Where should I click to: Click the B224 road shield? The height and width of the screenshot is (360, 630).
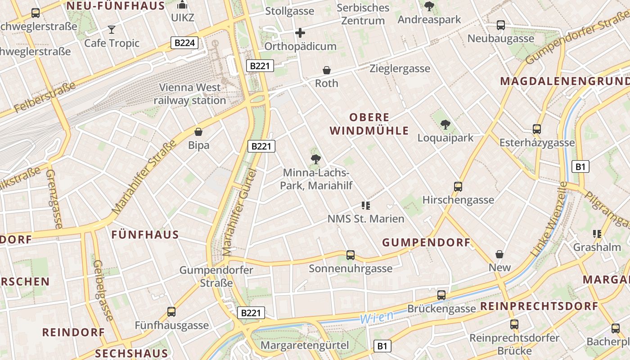[x=184, y=43]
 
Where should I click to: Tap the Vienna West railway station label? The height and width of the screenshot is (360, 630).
[x=190, y=94]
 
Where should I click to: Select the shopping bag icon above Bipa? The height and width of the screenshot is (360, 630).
[x=198, y=132]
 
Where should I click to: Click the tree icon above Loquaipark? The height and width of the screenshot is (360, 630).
[x=445, y=124]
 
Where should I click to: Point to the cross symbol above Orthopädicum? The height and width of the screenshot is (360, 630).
[x=300, y=33]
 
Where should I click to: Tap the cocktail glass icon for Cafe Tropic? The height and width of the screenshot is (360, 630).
[x=112, y=30]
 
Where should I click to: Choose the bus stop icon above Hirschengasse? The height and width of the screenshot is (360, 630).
[x=458, y=186]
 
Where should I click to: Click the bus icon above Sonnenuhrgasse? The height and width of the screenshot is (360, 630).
[x=351, y=255]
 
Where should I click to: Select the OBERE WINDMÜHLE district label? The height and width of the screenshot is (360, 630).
[x=369, y=124]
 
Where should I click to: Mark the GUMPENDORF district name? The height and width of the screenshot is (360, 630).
[x=426, y=243]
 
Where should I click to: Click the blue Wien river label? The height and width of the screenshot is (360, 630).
[x=377, y=316]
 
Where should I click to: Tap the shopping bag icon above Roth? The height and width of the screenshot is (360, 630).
[x=327, y=70]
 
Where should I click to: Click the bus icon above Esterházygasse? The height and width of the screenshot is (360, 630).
[x=537, y=129]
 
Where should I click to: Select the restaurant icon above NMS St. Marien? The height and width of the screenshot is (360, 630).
[x=365, y=206]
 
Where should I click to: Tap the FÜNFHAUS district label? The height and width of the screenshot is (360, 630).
[x=145, y=234]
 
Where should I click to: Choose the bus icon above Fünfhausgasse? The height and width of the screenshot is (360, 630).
[x=171, y=311]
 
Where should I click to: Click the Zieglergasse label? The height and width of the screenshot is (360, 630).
[x=400, y=69]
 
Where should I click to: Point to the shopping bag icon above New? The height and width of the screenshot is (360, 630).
[x=499, y=254]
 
